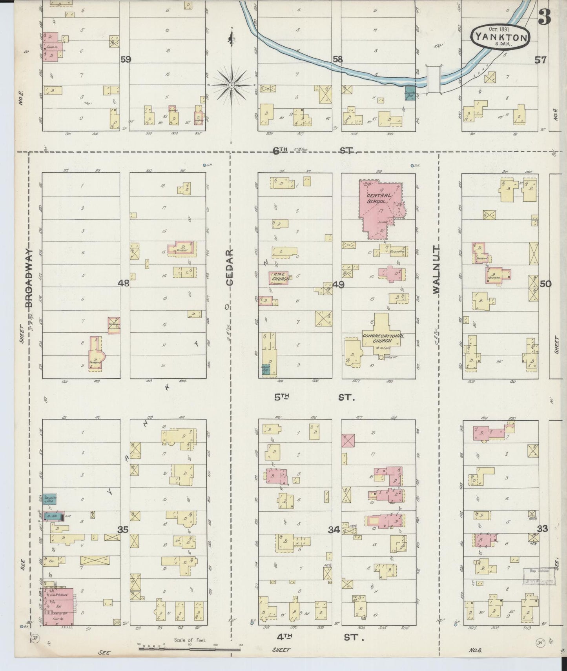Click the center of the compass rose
232,85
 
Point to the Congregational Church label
383,338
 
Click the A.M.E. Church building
279,278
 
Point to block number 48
124,283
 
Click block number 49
338,284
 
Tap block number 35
123,530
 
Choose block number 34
334,530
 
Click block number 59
126,60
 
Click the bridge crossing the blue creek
434,80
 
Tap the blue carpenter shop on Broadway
50,499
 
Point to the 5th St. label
314,397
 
